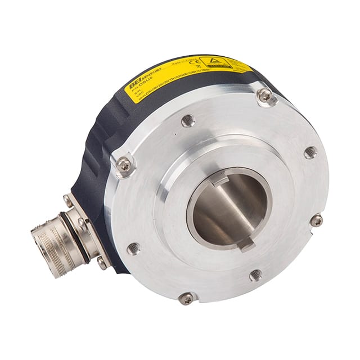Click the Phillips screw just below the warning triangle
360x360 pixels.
tap(265, 96)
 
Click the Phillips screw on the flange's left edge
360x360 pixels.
tap(124, 165)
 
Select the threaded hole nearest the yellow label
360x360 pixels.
tap(188, 120)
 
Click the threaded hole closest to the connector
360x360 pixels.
tap(134, 247)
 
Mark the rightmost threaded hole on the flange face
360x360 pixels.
tap(310, 152)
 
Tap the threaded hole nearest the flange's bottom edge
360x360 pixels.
tap(255, 274)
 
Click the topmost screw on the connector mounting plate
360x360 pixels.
tap(68, 200)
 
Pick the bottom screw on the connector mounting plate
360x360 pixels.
tap(102, 262)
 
